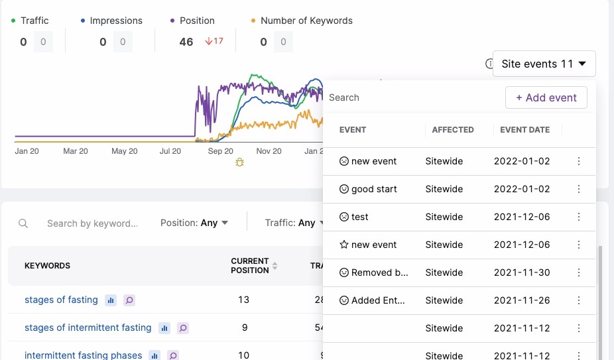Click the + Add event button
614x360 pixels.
tap(546, 97)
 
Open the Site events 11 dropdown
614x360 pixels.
tap(544, 64)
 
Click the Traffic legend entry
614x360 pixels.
tap(34, 21)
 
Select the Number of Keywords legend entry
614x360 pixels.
tap(306, 21)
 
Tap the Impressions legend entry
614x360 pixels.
tap(116, 21)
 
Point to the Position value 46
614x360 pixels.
tap(186, 42)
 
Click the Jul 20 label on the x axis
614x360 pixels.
tap(170, 151)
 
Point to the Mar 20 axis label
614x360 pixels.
tap(75, 151)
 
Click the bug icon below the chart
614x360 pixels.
tap(239, 162)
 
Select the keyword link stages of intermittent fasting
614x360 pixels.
tap(88, 328)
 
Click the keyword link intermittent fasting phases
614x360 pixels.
tap(83, 355)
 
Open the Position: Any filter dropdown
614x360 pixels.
tap(194, 223)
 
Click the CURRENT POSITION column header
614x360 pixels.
tap(250, 266)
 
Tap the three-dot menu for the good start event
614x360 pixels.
tap(579, 189)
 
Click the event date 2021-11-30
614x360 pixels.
tap(522, 272)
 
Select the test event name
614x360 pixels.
tap(360, 217)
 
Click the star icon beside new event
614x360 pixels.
tap(344, 245)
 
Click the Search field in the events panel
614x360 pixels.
tap(411, 97)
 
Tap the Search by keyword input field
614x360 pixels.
tap(92, 223)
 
